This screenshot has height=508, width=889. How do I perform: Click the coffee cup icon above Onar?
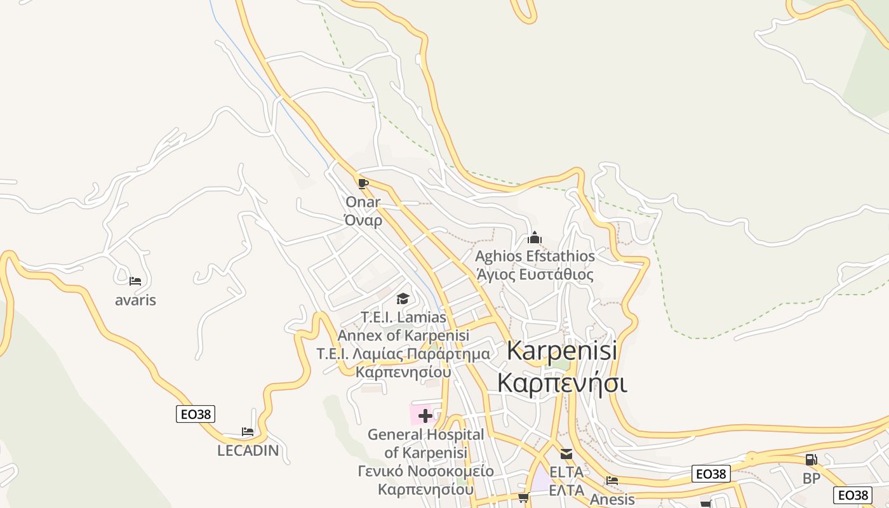(x=363, y=184)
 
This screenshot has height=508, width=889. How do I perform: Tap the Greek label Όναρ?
(x=363, y=220)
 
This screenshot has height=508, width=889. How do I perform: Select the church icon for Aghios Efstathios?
(x=535, y=237)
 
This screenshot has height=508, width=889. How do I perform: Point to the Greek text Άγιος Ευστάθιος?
(x=535, y=274)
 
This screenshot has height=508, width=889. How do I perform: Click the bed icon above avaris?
(x=135, y=281)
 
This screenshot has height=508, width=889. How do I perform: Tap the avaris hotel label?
(x=135, y=300)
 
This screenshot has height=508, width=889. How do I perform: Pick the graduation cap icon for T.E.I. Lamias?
(x=403, y=298)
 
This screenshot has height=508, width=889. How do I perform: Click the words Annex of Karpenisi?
(x=403, y=335)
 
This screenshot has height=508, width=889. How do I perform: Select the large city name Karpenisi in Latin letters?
(x=562, y=351)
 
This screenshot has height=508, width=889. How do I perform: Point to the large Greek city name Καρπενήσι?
(x=562, y=383)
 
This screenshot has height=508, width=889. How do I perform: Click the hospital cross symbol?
(x=425, y=416)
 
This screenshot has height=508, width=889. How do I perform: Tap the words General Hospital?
(x=425, y=434)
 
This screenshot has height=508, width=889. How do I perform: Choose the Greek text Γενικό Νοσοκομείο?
(x=425, y=471)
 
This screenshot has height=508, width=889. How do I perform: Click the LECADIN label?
(x=248, y=450)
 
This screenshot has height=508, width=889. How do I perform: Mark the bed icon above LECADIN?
(x=248, y=432)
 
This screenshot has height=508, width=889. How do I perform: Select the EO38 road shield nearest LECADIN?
(x=196, y=414)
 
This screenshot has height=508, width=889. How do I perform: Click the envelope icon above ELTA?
(x=566, y=454)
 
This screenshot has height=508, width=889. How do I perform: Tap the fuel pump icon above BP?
(x=811, y=460)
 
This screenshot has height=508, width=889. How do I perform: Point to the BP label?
(x=811, y=478)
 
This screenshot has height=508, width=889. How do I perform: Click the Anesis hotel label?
(x=612, y=499)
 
